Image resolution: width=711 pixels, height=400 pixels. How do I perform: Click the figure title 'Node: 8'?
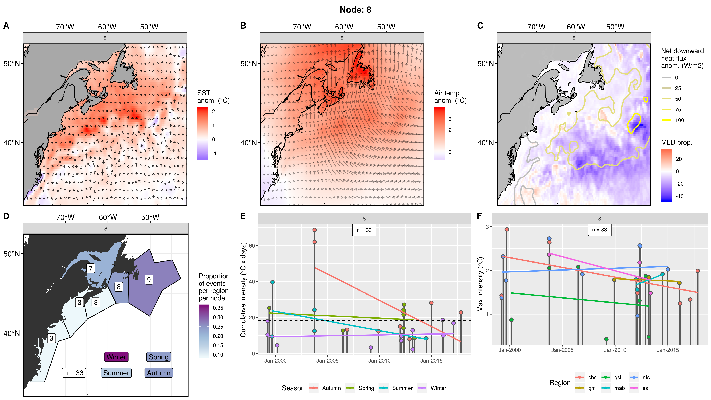pyautogui.click(x=355, y=10)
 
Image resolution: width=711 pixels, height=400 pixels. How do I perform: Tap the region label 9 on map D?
pyautogui.click(x=149, y=280)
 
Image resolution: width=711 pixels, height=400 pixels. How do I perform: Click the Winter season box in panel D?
pyautogui.click(x=116, y=357)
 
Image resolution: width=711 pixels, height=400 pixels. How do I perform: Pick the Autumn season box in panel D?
pyautogui.click(x=159, y=373)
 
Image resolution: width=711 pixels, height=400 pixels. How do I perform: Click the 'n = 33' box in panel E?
pyautogui.click(x=364, y=230)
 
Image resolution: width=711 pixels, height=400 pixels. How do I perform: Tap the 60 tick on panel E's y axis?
pyautogui.click(x=252, y=246)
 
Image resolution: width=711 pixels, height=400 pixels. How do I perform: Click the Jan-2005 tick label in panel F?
pyautogui.click(x=562, y=350)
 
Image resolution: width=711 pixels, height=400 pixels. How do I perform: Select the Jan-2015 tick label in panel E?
pyautogui.click(x=431, y=361)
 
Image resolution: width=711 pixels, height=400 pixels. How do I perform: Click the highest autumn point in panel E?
pyautogui.click(x=314, y=230)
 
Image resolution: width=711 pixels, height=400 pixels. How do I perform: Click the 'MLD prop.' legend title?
pyautogui.click(x=676, y=142)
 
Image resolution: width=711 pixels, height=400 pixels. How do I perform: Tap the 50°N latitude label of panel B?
pyautogui.click(x=248, y=64)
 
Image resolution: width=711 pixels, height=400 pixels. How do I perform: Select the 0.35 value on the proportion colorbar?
pyautogui.click(x=218, y=308)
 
